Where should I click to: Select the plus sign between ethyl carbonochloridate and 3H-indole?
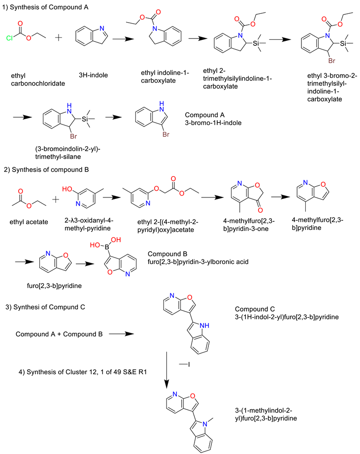[x=59, y=37]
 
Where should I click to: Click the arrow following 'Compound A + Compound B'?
[x=121, y=334]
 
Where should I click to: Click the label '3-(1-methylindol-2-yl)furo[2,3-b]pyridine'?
[x=266, y=414]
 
